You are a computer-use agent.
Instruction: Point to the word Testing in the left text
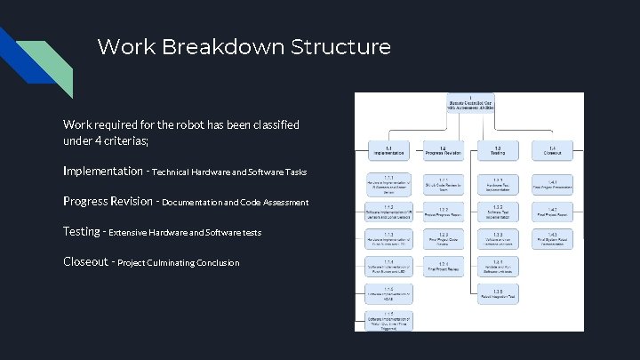[x=82, y=231]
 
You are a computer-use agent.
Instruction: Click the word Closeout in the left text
[x=85, y=261]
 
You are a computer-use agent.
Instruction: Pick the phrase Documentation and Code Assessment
[x=235, y=202]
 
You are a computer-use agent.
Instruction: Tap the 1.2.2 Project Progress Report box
[x=442, y=211]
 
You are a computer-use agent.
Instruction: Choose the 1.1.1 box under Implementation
[x=388, y=184]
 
